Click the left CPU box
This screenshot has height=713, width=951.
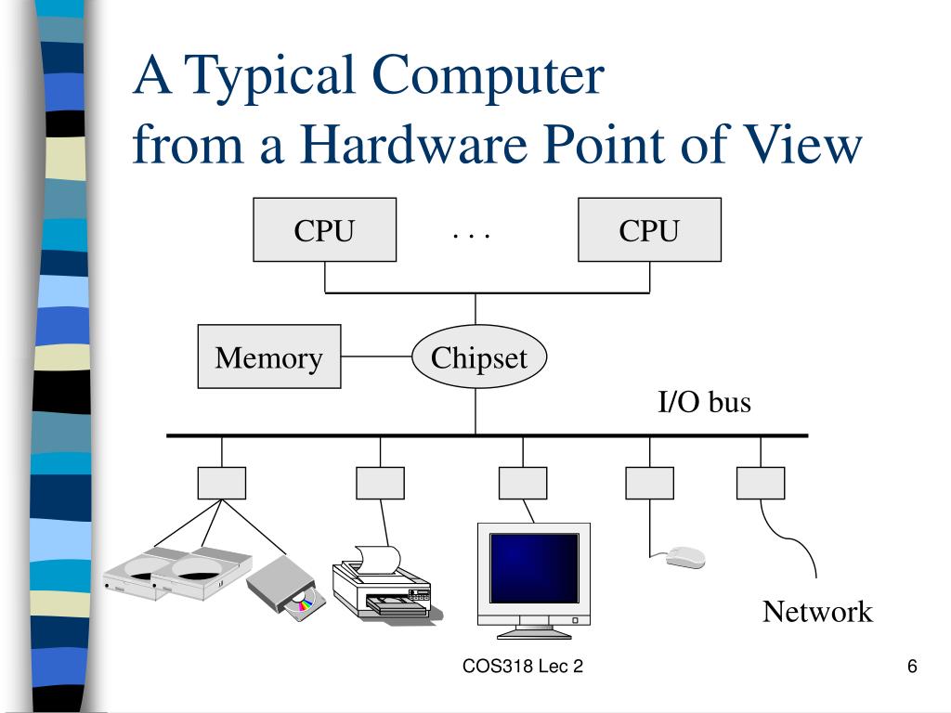pyautogui.click(x=324, y=229)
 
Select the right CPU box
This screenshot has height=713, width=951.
pyautogui.click(x=649, y=229)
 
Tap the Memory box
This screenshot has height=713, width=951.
pyautogui.click(x=269, y=356)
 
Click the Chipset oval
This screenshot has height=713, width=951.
pyautogui.click(x=479, y=358)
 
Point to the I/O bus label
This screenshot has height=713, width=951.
pyautogui.click(x=704, y=403)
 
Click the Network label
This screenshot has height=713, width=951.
pyautogui.click(x=817, y=612)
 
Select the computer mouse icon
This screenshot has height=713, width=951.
pyautogui.click(x=685, y=557)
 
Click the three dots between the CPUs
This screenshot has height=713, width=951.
pyautogui.click(x=471, y=235)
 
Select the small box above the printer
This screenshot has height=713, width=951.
pyautogui.click(x=380, y=483)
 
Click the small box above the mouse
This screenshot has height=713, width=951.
pyautogui.click(x=649, y=483)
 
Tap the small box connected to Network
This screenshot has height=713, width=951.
pyautogui.click(x=760, y=483)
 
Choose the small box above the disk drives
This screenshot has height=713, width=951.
pyautogui.click(x=222, y=483)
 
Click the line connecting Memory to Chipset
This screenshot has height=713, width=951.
pyautogui.click(x=376, y=356)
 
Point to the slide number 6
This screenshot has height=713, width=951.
pyautogui.click(x=912, y=667)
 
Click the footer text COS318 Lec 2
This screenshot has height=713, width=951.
pyautogui.click(x=523, y=667)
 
